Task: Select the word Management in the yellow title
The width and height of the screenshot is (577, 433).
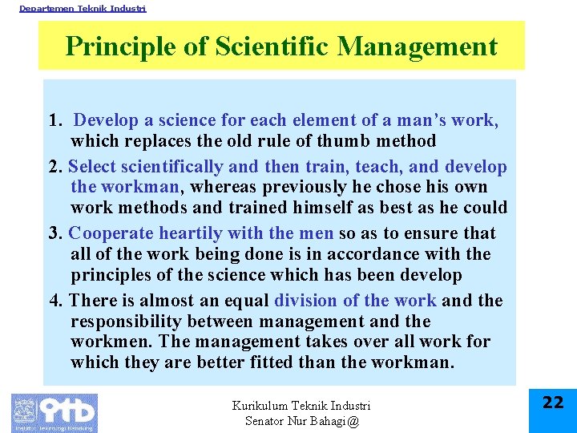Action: pyautogui.click(x=418, y=47)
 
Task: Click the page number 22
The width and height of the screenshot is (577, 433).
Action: pyautogui.click(x=553, y=403)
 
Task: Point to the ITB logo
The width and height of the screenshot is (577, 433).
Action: pyautogui.click(x=54, y=412)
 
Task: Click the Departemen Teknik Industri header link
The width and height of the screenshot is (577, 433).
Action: pyautogui.click(x=83, y=8)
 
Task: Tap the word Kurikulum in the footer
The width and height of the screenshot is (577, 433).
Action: pyautogui.click(x=260, y=406)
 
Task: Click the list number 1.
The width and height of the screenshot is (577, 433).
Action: pyautogui.click(x=54, y=121)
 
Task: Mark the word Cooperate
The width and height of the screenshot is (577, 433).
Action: pyautogui.click(x=111, y=234)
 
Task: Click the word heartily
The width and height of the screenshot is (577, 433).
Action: pyautogui.click(x=190, y=234)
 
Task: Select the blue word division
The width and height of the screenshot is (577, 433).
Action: pyautogui.click(x=305, y=301)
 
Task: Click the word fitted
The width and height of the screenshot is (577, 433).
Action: pyautogui.click(x=319, y=362)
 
